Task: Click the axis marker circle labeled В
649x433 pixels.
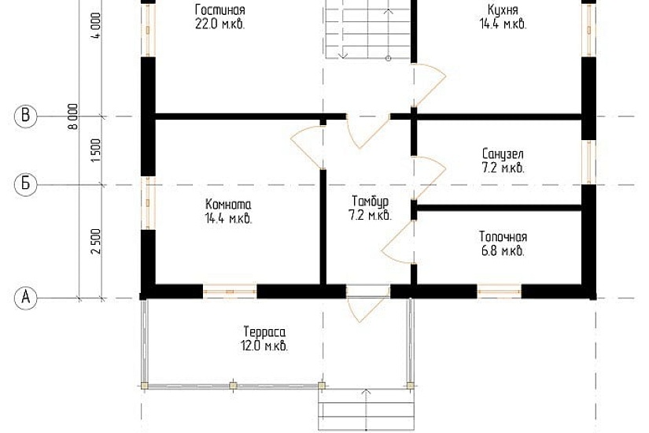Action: pyautogui.click(x=26, y=117)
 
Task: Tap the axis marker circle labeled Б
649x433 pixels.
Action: pyautogui.click(x=26, y=185)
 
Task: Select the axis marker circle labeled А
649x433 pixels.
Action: pyautogui.click(x=26, y=298)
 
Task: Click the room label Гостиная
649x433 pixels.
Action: pyautogui.click(x=219, y=10)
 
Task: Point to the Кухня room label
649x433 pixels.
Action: pyautogui.click(x=502, y=10)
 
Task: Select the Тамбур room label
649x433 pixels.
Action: pyautogui.click(x=369, y=202)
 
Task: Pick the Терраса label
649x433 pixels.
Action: pyautogui.click(x=264, y=331)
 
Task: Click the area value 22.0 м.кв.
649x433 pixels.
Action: pyautogui.click(x=219, y=24)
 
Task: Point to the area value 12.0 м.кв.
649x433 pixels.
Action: pyautogui.click(x=264, y=346)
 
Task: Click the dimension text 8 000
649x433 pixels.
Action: pyautogui.click(x=73, y=117)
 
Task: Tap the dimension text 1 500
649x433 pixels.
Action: pyautogui.click(x=96, y=150)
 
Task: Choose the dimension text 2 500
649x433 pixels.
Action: pyautogui.click(x=96, y=242)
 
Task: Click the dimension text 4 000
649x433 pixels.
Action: pyautogui.click(x=96, y=29)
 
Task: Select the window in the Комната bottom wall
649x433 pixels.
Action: pyautogui.click(x=230, y=291)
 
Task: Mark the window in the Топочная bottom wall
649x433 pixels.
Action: pyautogui.click(x=500, y=291)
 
